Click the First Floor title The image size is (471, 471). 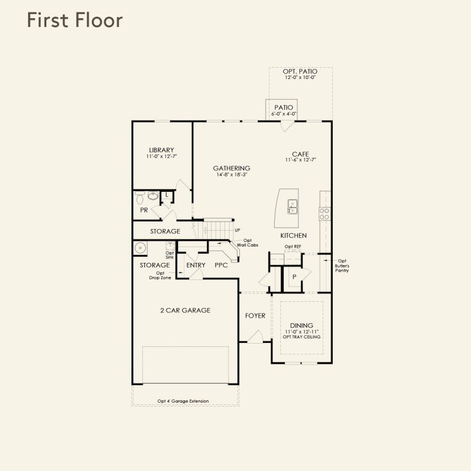click(75, 20)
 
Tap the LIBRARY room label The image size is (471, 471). click(161, 150)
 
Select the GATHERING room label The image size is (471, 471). click(232, 168)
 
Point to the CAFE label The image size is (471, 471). click(301, 155)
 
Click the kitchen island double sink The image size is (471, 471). click(293, 206)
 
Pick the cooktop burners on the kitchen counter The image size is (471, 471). click(324, 214)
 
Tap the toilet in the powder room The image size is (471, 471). click(140, 197)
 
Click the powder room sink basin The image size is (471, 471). click(153, 196)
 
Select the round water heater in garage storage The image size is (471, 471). click(140, 248)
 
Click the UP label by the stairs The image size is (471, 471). click(237, 230)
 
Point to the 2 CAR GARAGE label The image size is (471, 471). click(186, 310)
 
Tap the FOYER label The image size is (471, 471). click(256, 316)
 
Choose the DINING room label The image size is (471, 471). click(302, 325)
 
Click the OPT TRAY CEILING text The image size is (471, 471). click(302, 337)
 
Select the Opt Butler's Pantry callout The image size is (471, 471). click(342, 266)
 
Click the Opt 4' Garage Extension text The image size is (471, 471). click(183, 401)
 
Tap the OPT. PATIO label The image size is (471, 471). click(300, 72)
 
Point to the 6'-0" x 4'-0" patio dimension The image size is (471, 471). click(284, 114)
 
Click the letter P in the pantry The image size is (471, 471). click(294, 276)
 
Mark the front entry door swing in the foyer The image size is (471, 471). click(256, 336)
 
